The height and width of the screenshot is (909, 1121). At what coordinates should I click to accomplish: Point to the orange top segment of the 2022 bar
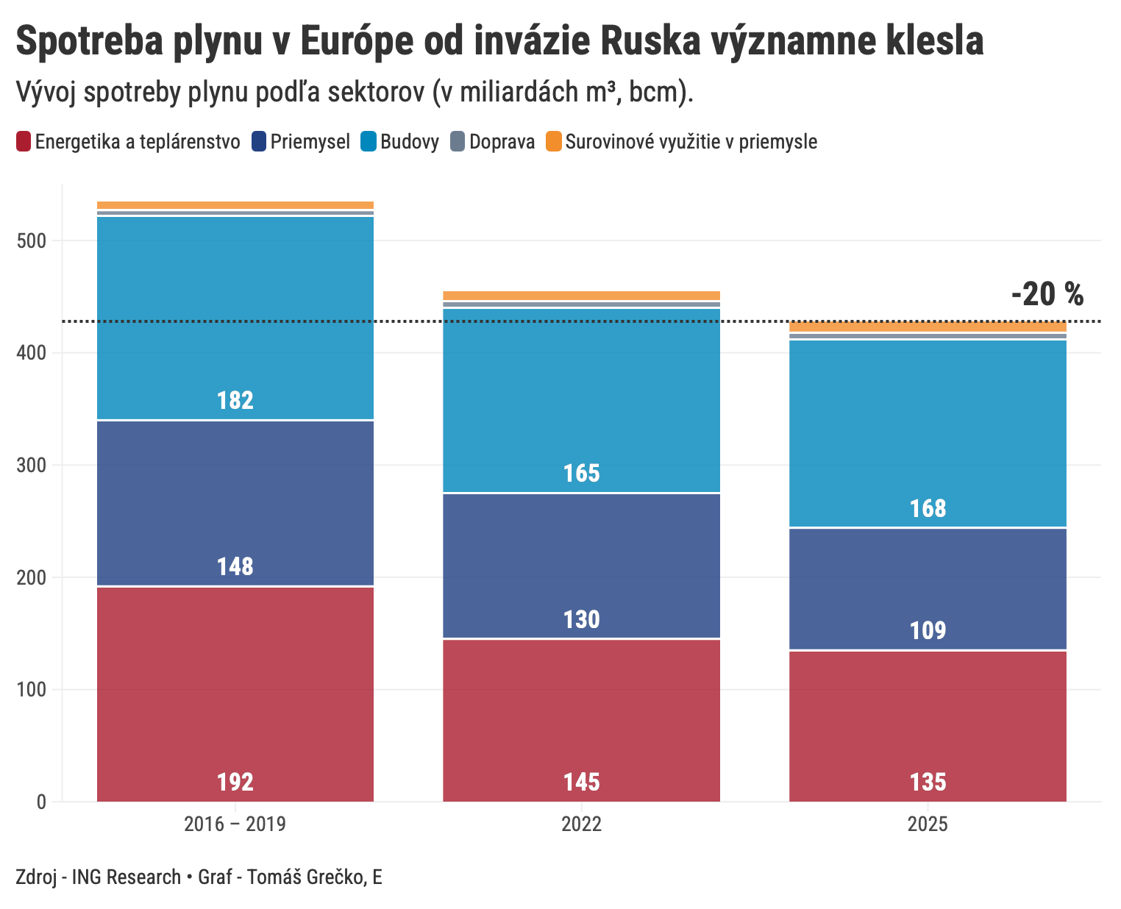click(x=581, y=296)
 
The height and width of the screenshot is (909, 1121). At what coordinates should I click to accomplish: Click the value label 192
click(x=235, y=782)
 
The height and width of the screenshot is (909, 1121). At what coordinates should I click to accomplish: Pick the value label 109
click(x=928, y=631)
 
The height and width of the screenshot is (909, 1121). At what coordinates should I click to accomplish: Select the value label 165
click(x=581, y=473)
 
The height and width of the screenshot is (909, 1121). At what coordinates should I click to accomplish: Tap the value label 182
click(x=235, y=400)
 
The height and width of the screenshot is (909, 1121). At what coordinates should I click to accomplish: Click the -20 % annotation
click(x=1047, y=294)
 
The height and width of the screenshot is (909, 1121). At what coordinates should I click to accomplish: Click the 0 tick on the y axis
click(x=40, y=802)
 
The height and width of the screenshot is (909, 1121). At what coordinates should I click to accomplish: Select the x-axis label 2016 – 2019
click(x=235, y=824)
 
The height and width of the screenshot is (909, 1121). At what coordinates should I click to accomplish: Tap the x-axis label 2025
click(x=928, y=824)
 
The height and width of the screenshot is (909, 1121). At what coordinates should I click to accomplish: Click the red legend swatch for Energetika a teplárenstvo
click(x=24, y=141)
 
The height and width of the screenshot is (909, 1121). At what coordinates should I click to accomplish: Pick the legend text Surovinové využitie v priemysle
click(x=691, y=141)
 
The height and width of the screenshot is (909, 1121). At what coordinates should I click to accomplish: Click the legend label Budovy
click(x=410, y=141)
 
